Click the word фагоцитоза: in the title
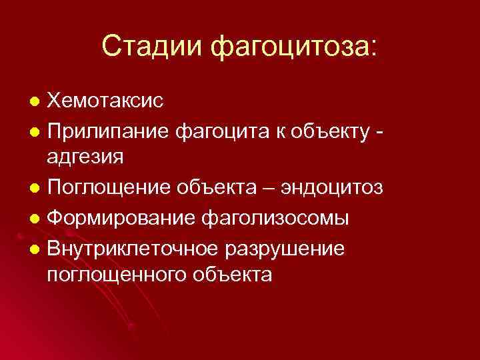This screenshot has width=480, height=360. pos(293,47)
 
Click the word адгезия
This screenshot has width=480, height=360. pos(85,159)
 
